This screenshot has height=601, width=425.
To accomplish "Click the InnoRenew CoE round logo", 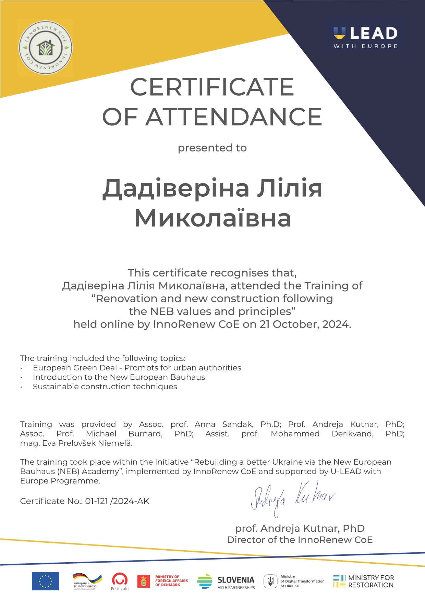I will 45,48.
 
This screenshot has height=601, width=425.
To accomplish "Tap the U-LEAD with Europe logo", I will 365,37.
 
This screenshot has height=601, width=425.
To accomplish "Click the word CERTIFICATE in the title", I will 212,87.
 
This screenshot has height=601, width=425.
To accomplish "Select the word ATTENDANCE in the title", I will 234,117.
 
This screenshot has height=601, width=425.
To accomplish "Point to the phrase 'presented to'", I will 212,148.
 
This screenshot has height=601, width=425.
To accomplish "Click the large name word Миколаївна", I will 213,218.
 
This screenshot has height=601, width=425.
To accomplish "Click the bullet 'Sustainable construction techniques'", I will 105,387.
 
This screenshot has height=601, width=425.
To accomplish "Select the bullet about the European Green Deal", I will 137,368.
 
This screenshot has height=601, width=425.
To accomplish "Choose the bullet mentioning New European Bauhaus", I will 119,377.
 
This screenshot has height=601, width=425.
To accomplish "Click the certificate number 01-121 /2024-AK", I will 117,501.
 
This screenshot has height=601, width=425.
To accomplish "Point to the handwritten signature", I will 292,498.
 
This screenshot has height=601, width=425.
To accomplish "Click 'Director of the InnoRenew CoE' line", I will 300,540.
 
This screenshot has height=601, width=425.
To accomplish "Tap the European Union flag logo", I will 46,581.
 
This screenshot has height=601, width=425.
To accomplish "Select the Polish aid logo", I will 120,581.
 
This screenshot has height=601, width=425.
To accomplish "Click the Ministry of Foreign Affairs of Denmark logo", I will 162,581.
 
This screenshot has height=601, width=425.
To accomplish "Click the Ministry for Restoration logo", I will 363,581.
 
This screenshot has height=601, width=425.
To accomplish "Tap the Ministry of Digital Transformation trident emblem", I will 270,581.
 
